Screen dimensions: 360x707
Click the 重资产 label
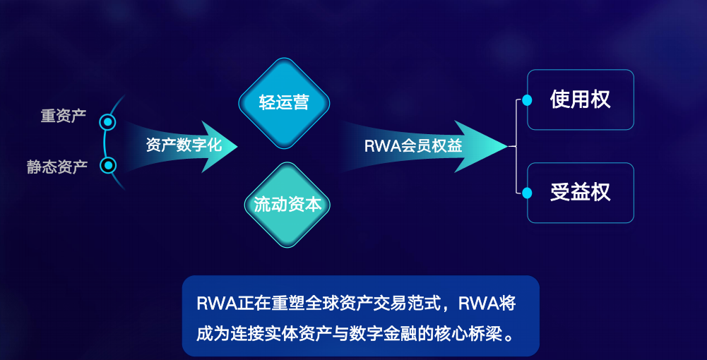click(64, 115)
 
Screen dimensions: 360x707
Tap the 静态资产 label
click(57, 167)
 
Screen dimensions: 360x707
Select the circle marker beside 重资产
click(108, 122)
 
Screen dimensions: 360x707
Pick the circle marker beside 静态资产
click(108, 166)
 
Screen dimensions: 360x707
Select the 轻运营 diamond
click(284, 102)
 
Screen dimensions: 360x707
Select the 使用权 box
click(581, 100)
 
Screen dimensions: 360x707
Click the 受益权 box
click(581, 193)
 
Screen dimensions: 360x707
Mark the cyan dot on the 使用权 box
click(527, 100)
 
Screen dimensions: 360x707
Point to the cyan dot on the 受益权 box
click(527, 193)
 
